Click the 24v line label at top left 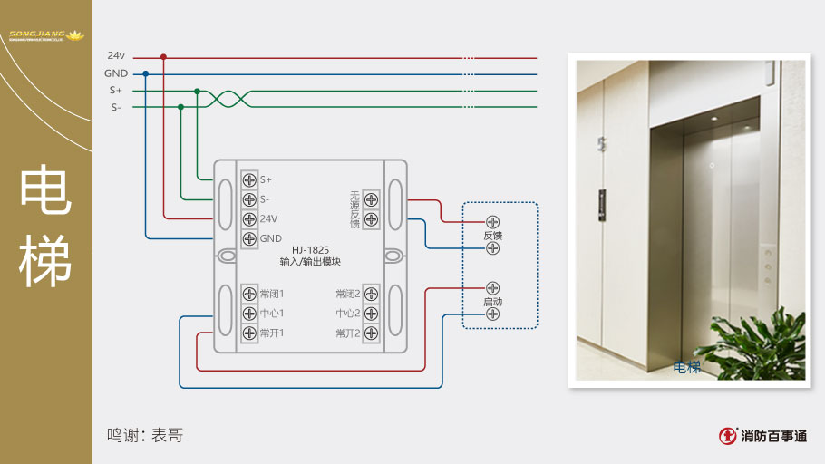(115, 56)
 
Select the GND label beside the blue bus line (115, 73)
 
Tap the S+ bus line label (115, 91)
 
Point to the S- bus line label (115, 108)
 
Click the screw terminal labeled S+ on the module (249, 179)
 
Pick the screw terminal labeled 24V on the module (249, 218)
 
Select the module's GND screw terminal (249, 238)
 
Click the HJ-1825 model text (310, 250)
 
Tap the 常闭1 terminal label (272, 294)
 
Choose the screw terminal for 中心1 (249, 314)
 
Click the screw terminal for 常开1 (249, 333)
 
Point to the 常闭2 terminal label (348, 294)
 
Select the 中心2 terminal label (348, 314)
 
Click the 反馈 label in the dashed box (492, 236)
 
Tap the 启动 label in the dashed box (492, 302)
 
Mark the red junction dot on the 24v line (163, 56)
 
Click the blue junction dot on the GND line (146, 73)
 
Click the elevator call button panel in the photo (601, 206)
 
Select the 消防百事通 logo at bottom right (762, 436)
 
